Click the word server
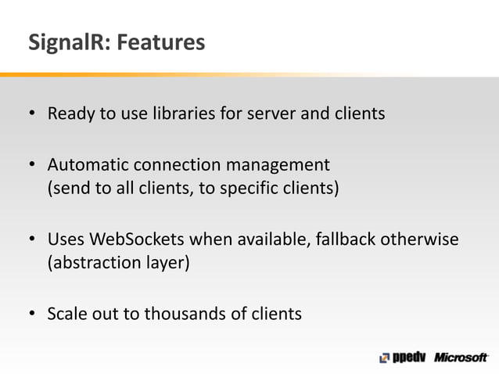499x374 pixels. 271,114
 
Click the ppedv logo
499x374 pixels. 401,358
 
